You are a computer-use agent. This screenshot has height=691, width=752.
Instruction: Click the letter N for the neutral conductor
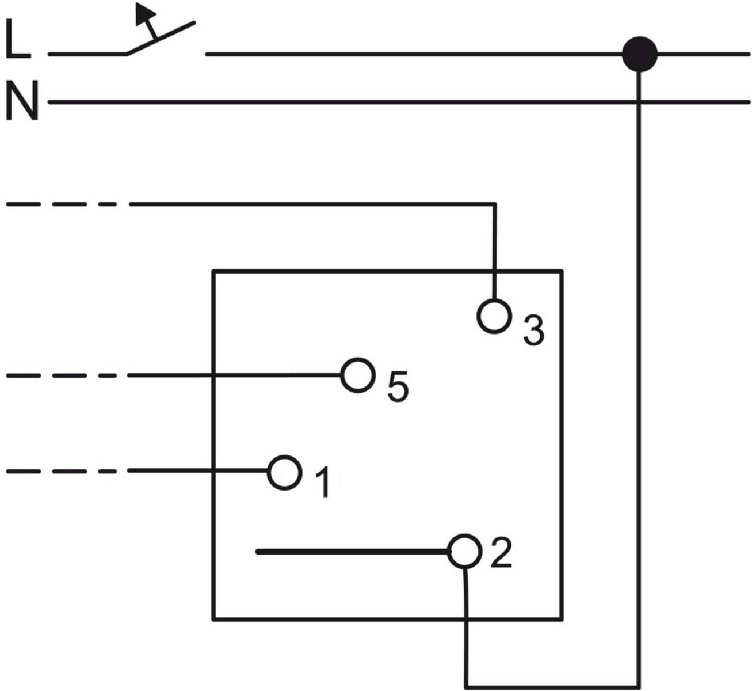(22, 101)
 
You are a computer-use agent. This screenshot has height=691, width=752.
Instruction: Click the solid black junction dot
(639, 54)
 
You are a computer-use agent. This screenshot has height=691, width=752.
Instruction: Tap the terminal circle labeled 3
(494, 316)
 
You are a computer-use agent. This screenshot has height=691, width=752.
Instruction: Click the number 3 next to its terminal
(533, 331)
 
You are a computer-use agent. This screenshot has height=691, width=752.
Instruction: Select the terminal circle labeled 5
(357, 375)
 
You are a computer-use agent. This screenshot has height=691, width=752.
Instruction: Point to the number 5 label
(398, 386)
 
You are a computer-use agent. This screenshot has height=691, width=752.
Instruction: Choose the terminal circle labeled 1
(284, 473)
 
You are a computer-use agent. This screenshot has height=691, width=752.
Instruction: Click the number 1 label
(323, 482)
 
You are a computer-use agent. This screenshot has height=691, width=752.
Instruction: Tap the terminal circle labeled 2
(464, 551)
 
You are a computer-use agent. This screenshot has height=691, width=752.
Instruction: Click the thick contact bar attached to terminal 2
(351, 552)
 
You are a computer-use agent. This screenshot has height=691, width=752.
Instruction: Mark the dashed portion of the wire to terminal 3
(63, 204)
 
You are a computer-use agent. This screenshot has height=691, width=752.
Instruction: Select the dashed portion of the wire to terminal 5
(63, 375)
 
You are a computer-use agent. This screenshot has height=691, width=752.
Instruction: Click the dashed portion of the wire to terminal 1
(63, 471)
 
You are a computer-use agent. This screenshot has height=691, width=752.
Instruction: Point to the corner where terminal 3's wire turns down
(495, 204)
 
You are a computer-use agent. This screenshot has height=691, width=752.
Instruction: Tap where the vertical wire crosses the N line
(638, 102)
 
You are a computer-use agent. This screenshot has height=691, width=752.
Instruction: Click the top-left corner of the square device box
(213, 271)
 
